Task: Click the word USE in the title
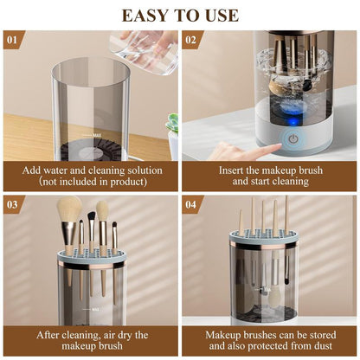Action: (x=220, y=15)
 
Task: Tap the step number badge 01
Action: (x=11, y=40)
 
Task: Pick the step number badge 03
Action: (x=11, y=204)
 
